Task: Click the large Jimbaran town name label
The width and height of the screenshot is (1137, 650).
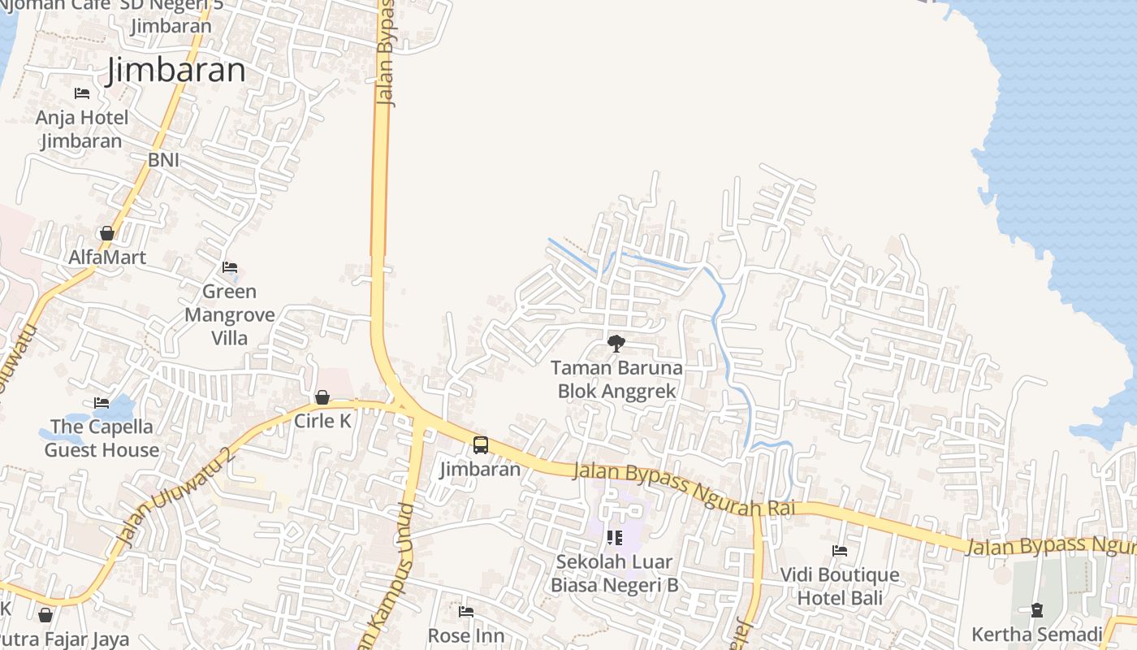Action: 175,71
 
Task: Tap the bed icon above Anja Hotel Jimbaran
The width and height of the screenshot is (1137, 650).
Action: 82,93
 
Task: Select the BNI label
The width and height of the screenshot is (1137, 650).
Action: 163,160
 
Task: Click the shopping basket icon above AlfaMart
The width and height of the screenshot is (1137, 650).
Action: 106,234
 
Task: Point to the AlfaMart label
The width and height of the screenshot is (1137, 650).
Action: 107,258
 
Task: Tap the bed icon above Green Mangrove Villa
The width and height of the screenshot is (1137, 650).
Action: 230,267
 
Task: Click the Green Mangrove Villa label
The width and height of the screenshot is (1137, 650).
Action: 229,314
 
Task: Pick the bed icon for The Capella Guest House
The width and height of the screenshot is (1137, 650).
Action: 102,403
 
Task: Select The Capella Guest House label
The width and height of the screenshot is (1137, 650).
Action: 102,438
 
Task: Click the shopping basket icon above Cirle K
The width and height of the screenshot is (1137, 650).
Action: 322,397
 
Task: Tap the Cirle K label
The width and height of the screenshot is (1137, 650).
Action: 322,421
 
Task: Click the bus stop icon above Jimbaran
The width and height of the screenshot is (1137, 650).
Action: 481,445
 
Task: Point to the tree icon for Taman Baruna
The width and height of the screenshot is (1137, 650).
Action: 616,344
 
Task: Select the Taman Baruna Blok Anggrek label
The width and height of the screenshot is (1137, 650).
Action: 617,379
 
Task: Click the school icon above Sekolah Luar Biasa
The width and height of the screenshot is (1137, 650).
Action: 615,537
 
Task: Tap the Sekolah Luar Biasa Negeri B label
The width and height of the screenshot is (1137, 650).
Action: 615,573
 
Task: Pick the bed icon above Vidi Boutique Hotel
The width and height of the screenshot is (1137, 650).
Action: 840,551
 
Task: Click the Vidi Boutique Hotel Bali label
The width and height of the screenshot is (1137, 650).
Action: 840,587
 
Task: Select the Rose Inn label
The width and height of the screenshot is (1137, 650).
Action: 466,635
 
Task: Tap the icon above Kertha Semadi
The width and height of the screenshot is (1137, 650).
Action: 1037,610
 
